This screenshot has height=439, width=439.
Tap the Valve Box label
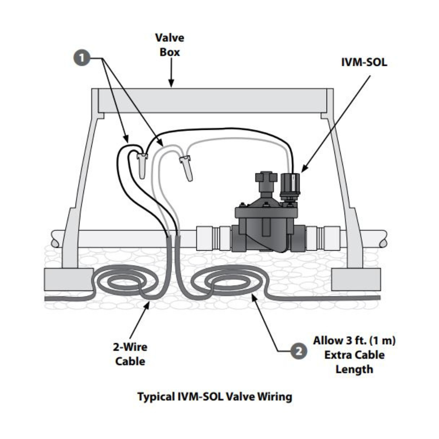tap(169, 45)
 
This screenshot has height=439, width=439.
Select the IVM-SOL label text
tap(364, 62)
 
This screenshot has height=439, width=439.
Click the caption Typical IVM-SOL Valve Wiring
tap(215, 397)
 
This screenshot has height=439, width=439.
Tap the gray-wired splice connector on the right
tap(186, 167)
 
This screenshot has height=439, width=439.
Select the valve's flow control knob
tap(265, 181)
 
